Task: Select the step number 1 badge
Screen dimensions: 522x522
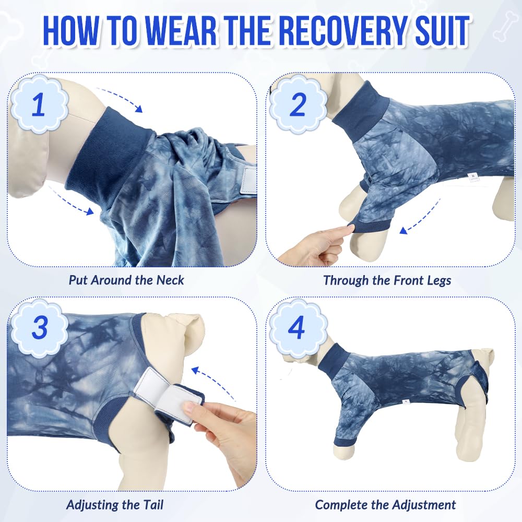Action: point(39,104)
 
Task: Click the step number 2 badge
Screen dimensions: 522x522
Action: point(298,104)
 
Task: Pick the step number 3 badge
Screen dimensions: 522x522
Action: point(39,328)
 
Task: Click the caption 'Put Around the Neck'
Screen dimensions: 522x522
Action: point(126,280)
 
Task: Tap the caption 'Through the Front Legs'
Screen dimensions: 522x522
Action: point(387,280)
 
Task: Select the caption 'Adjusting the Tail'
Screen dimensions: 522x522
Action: point(115,505)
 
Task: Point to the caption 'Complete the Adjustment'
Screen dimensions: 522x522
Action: point(386,505)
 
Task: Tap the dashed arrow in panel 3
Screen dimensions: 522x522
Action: point(213,379)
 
